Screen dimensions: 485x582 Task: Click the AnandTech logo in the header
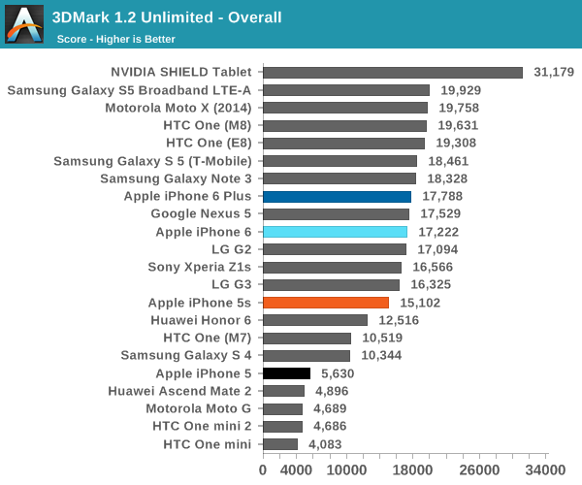point(24,25)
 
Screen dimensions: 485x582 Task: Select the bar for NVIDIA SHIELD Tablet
point(393,72)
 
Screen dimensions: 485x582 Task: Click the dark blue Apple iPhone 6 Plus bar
point(337,196)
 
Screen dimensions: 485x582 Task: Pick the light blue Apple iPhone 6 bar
point(335,232)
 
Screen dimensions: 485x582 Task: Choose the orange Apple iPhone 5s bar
point(326,303)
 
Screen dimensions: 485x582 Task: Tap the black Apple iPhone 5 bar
point(286,373)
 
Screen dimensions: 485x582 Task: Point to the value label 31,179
point(554,72)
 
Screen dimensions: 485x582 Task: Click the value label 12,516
point(399,320)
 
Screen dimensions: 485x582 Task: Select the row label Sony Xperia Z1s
point(199,267)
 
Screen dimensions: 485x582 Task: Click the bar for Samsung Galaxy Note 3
point(339,178)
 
